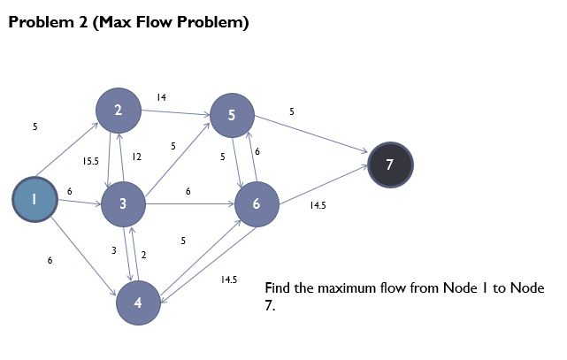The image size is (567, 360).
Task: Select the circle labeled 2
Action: point(119,110)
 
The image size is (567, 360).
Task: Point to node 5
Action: point(232,115)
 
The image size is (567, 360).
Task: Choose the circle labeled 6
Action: point(257,204)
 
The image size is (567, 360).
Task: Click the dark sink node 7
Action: point(390,165)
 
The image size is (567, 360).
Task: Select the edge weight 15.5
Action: point(90,162)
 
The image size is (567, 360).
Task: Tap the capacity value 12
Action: point(136,157)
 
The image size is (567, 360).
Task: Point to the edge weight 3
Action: point(113,251)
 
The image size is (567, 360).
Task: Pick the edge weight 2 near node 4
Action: point(143,255)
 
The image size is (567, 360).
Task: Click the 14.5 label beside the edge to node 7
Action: point(318,205)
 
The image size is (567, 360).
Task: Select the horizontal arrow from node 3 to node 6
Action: point(190,204)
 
